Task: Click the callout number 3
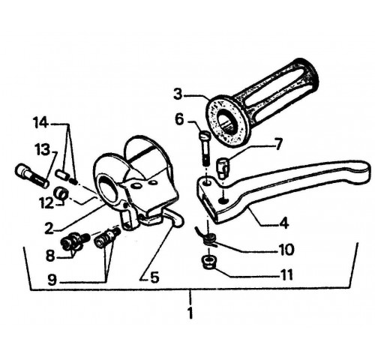(178, 94)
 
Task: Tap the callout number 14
(40, 123)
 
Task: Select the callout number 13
(42, 151)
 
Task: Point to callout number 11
(286, 275)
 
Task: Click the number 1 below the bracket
(190, 313)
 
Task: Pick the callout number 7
(278, 143)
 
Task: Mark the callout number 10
(286, 249)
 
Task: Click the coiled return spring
(207, 237)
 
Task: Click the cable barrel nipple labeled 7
(222, 169)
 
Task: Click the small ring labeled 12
(61, 193)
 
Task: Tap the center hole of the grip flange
(226, 122)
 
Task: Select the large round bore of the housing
(108, 189)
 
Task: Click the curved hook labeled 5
(174, 218)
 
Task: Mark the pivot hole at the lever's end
(207, 183)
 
